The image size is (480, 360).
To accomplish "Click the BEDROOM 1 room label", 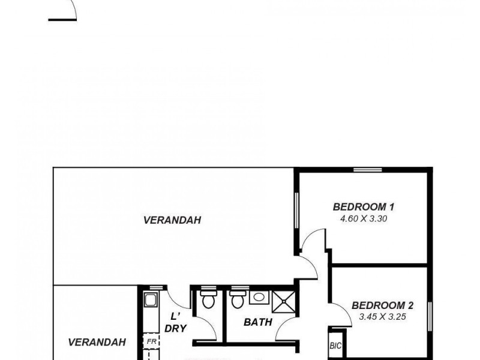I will pos(364,207).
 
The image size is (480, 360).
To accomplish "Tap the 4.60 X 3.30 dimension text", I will pos(364,219).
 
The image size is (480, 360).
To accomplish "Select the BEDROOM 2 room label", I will pos(382,305).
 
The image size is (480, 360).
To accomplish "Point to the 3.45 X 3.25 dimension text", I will pos(383,316).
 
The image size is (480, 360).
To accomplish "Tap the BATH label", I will pos(258,322).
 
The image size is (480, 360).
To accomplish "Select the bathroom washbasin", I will pos(259,296).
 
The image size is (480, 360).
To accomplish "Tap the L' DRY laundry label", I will pos(176,322).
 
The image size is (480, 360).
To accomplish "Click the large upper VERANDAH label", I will pos(172,220).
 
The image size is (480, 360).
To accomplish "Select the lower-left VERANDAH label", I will pos(97,343).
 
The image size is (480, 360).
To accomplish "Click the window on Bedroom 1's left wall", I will pos(296,209).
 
